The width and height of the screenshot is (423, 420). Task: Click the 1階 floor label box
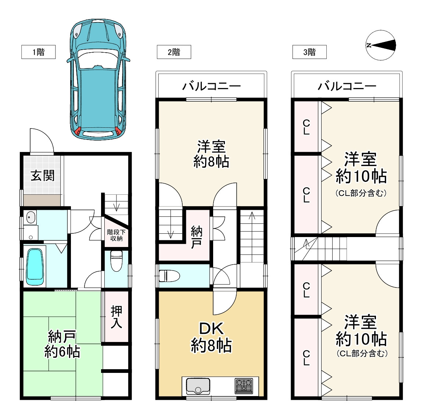[x=39, y=52]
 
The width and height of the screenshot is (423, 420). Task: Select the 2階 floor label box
[x=174, y=52]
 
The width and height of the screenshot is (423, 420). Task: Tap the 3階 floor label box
[x=309, y=52]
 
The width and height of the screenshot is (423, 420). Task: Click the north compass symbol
[x=381, y=45]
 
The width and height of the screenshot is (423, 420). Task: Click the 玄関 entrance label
[x=43, y=176]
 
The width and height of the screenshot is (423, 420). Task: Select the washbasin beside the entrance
[x=31, y=217]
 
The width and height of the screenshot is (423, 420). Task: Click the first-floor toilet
[x=116, y=261]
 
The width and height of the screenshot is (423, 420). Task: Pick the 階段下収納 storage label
[x=116, y=235]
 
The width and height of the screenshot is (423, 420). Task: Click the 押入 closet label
[x=116, y=317]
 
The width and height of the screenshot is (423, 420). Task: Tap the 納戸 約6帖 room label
[x=62, y=344]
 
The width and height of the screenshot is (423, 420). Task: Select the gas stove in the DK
[x=244, y=386]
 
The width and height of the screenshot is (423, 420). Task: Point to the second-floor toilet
[x=169, y=276]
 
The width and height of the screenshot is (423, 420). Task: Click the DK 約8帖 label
[x=211, y=337]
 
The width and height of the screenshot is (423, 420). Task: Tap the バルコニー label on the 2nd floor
[x=212, y=86]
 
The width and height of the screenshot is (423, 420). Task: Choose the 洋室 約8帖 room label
[x=211, y=154]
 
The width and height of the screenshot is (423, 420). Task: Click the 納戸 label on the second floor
[x=196, y=237]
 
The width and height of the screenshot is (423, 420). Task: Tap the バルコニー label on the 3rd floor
[x=347, y=86]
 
